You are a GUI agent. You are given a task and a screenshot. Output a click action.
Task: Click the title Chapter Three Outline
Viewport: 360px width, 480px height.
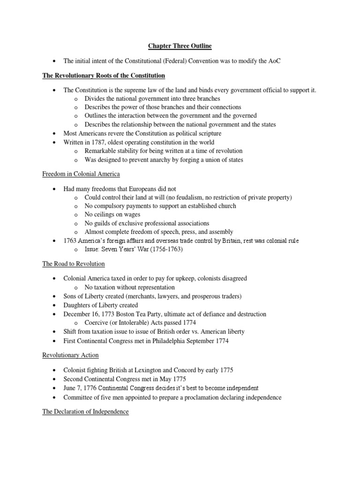pos(180,45)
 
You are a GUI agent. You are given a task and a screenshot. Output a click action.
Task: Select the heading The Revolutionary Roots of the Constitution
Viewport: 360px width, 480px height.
pos(104,75)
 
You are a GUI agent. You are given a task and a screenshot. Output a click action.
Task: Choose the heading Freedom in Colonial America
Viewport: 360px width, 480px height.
pos(81,174)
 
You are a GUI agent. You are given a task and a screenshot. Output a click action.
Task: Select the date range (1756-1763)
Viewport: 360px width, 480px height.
pos(165,249)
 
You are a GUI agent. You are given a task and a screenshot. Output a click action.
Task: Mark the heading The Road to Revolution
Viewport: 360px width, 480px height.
pos(74,264)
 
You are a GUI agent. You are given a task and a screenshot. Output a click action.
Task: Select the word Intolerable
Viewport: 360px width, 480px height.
pos(128,322)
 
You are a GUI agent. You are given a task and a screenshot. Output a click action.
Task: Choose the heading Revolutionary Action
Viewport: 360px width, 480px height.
pos(71,355)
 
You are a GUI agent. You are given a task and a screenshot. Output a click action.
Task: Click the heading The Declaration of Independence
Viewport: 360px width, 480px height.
pos(86,412)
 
